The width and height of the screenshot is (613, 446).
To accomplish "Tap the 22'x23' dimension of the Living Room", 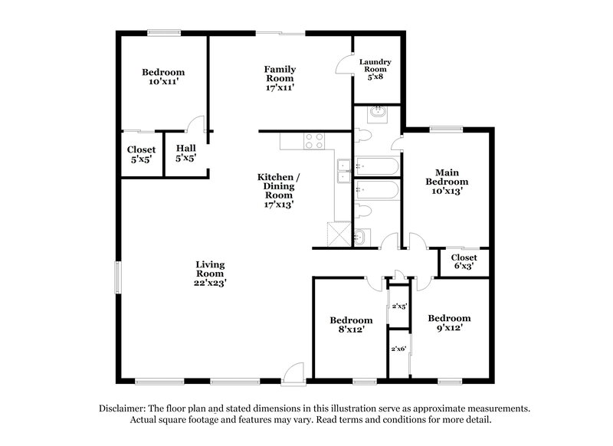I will [210, 283].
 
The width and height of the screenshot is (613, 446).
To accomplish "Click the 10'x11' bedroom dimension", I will [162, 83].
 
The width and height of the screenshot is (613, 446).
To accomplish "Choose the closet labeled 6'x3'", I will [464, 263].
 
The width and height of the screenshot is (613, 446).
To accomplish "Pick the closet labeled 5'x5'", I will [141, 155].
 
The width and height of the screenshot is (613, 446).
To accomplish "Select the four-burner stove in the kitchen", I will [314, 141].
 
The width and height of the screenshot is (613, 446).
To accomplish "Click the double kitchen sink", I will [343, 171].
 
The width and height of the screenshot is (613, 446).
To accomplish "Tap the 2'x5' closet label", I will [398, 306].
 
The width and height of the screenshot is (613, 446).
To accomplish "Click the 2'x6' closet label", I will [398, 349].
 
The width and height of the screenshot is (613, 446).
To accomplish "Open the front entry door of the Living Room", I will [293, 375].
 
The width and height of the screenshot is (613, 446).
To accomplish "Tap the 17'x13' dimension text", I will [278, 205].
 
